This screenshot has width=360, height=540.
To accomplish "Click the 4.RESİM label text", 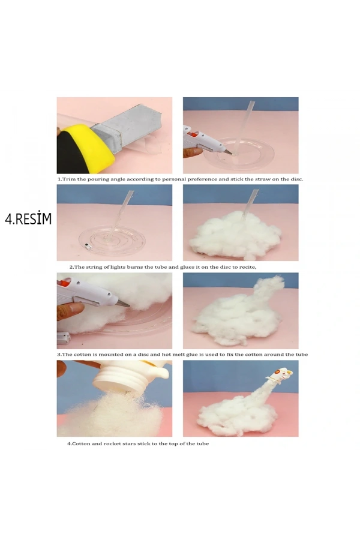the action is pos(28,219).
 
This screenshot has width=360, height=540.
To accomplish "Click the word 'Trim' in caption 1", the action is pos(69,179).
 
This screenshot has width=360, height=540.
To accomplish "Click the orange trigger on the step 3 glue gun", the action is pos(64,283).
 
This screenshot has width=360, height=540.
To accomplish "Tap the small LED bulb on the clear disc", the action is pos(87,246).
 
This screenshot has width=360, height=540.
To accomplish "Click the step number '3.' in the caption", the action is pos(59,355).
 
